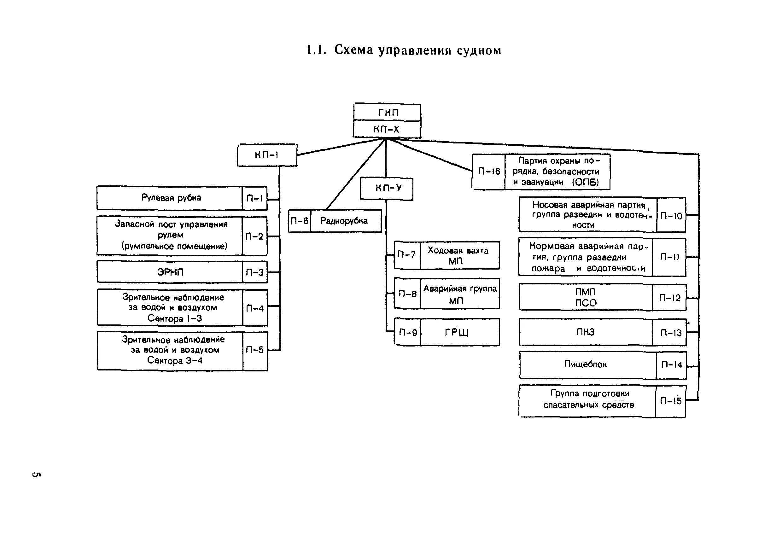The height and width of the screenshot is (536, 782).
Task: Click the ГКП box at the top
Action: [x=387, y=112]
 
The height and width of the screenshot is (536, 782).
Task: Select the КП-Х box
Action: [x=387, y=129]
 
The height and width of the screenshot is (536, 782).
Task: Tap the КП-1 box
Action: [x=267, y=155]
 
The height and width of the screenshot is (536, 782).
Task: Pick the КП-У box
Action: [x=387, y=189]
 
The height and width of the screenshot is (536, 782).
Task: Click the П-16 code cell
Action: [x=488, y=172]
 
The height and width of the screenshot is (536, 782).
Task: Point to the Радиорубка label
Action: [x=344, y=221]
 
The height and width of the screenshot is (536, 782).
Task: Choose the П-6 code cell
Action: [x=299, y=221]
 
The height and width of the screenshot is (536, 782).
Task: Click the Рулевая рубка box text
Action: [x=171, y=198]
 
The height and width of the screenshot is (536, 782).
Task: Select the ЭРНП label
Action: [x=170, y=272]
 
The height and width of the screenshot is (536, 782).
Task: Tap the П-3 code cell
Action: [x=255, y=272]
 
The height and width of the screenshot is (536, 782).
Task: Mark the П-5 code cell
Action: [x=255, y=350]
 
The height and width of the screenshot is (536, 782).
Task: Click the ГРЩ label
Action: [x=457, y=332]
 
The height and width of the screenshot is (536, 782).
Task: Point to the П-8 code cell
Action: [x=407, y=294]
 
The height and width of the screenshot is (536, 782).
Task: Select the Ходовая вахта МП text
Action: [x=458, y=255]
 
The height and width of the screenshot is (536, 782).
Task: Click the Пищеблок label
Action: [x=586, y=364]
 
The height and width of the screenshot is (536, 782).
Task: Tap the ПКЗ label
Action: [x=586, y=332]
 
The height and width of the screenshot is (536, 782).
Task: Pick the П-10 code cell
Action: [x=671, y=216]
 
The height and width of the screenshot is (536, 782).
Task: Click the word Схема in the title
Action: [x=354, y=50]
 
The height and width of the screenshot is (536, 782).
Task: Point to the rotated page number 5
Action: [x=37, y=475]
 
